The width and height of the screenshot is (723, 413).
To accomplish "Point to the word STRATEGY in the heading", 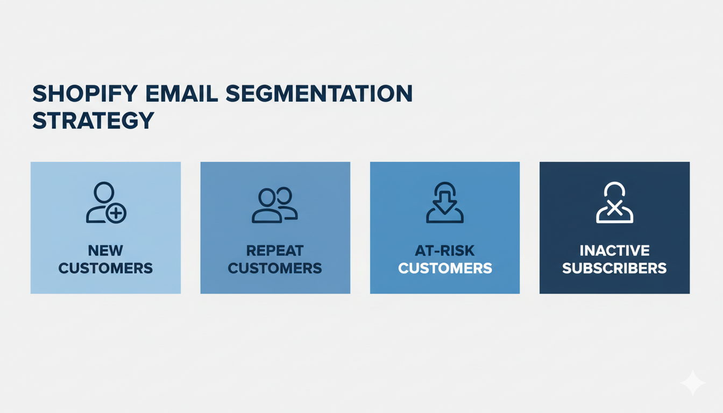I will pyautogui.click(x=93, y=120).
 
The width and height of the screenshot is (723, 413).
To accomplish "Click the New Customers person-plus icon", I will pyautogui.click(x=105, y=203).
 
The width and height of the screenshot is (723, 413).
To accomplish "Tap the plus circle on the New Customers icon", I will pyautogui.click(x=116, y=213).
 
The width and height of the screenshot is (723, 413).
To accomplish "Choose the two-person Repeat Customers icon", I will pyautogui.click(x=275, y=204).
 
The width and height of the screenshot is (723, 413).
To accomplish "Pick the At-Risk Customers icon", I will pyautogui.click(x=445, y=203).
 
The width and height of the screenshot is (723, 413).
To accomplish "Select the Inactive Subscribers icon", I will pyautogui.click(x=614, y=203).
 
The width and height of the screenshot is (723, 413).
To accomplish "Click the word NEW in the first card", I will pyautogui.click(x=105, y=251).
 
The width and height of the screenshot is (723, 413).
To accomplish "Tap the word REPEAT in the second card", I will pyautogui.click(x=275, y=251).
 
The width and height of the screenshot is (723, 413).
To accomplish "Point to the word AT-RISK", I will pyautogui.click(x=445, y=251).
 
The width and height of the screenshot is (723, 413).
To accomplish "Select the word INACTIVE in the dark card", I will pyautogui.click(x=614, y=251).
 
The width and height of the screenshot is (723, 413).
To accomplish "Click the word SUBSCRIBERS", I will pyautogui.click(x=614, y=268).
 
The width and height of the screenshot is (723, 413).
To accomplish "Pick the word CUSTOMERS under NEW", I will pyautogui.click(x=105, y=268).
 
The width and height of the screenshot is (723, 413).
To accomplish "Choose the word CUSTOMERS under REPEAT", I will pyautogui.click(x=275, y=268).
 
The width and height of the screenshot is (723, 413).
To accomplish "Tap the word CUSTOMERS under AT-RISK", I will pyautogui.click(x=445, y=268).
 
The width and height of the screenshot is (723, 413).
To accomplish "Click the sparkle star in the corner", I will pyautogui.click(x=692, y=383).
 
